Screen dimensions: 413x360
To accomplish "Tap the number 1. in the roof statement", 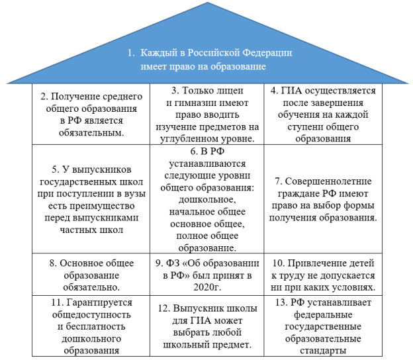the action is [x=131, y=53].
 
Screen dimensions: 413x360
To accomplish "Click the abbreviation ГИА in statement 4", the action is [x=291, y=91].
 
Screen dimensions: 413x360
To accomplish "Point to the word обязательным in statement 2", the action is [x=91, y=133].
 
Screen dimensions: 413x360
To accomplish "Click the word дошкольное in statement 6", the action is [x=207, y=200].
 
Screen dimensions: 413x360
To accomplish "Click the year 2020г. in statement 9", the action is [x=207, y=287].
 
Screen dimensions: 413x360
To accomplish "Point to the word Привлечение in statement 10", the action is [x=313, y=263].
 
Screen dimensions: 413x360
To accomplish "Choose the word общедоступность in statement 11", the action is [x=91, y=315].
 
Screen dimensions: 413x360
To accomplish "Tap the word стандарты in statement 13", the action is [x=323, y=351].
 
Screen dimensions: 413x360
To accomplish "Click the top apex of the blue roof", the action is [x=208, y=3].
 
